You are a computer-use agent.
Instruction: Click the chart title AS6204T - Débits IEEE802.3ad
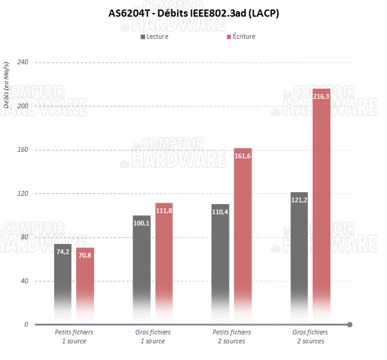point(193,13)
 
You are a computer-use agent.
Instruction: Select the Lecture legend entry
point(154,36)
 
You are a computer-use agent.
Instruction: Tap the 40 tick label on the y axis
point(24,281)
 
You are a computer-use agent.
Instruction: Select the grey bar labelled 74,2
point(63,280)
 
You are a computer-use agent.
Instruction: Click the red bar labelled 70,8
point(85,283)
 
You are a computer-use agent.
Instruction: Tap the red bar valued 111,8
point(164,262)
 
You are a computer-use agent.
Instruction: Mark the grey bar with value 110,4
point(220,262)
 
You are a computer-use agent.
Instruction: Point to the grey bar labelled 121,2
point(299,256)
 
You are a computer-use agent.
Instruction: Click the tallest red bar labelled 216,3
point(322,202)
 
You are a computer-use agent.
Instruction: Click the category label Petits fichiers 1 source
point(74,336)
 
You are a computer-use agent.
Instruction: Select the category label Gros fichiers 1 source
point(153,336)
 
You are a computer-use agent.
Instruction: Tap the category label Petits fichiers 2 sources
point(232,336)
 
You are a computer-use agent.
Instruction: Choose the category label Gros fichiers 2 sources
point(310,336)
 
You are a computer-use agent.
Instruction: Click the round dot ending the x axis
point(349,324)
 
